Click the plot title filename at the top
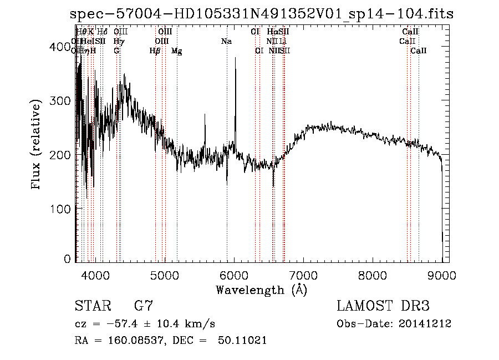[262, 14]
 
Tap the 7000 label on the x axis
[303, 274]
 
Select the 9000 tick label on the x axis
[442, 274]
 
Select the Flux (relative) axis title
[37, 145]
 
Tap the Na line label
[226, 41]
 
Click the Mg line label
[177, 51]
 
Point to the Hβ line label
[155, 51]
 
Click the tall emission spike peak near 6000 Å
[236, 59]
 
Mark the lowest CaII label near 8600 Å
[419, 51]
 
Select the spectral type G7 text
[143, 306]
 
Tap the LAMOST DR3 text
[383, 306]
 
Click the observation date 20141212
[425, 324]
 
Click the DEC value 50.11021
[242, 341]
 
